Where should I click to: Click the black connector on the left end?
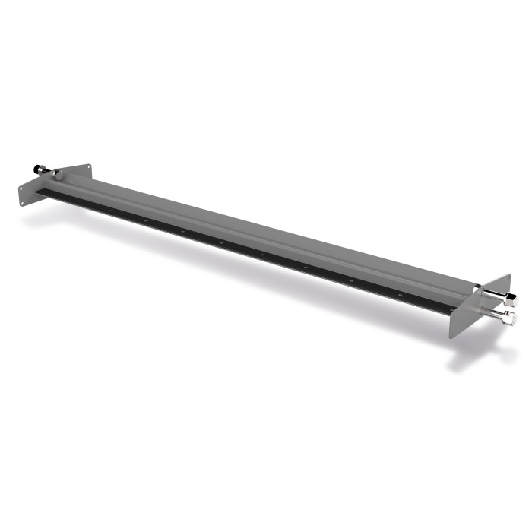click(x=36, y=169)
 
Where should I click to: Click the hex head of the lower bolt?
click(x=510, y=318)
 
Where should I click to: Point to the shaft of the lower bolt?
click(x=492, y=312)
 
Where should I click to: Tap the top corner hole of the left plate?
click(x=88, y=166)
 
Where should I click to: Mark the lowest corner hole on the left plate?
click(x=21, y=203)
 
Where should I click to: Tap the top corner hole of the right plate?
click(x=509, y=277)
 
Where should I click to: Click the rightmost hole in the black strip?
click(x=451, y=310)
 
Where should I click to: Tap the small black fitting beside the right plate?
click(x=478, y=286)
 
